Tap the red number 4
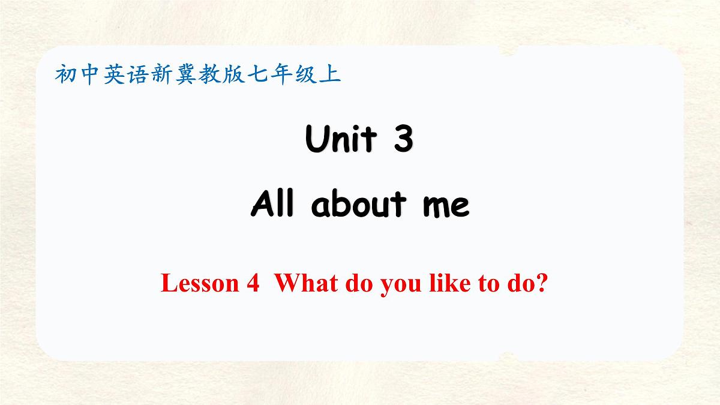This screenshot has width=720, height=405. (253, 283)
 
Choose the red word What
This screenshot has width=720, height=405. (306, 283)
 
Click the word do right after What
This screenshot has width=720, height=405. (358, 283)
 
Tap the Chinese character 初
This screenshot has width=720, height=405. (65, 74)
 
